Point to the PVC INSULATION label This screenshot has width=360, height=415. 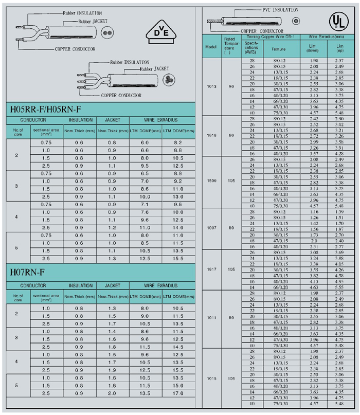click(x=280, y=9)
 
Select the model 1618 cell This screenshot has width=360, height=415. click(x=211, y=136)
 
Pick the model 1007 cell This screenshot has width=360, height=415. click(x=211, y=228)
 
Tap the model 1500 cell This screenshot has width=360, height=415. click(x=211, y=182)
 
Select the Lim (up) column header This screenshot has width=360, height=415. click(x=339, y=48)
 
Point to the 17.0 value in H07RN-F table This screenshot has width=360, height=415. click(x=178, y=407)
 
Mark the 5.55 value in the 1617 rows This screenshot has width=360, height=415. click(x=339, y=288)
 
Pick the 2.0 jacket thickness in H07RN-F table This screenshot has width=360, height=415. click(x=112, y=407)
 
